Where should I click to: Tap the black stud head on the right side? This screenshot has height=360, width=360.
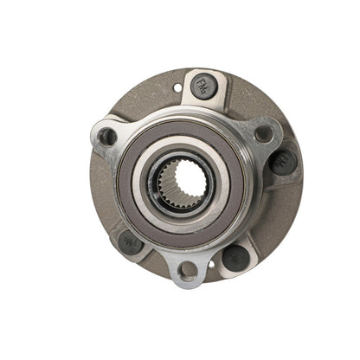[x=282, y=161]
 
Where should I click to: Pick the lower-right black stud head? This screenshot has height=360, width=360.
[x=235, y=257]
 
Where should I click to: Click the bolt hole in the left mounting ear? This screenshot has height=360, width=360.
[x=106, y=137]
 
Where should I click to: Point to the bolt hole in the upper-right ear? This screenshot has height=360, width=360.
[x=263, y=133]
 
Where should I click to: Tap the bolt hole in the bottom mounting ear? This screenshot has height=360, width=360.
[x=186, y=271]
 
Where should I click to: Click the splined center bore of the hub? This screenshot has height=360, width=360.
[x=182, y=183]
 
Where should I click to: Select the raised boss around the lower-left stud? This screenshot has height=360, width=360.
[x=121, y=232]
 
